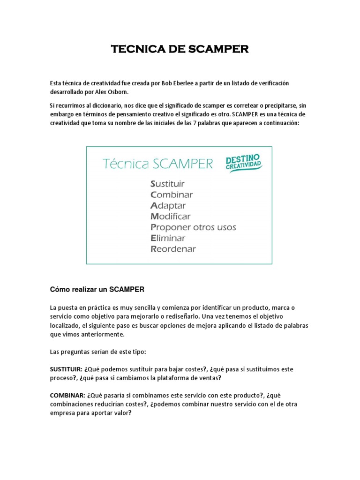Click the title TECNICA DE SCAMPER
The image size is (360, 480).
(x=180, y=50)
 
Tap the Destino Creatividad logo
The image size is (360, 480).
(x=244, y=163)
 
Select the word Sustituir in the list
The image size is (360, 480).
(x=167, y=184)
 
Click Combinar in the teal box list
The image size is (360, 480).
(x=172, y=195)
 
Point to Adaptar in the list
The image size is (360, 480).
(x=168, y=206)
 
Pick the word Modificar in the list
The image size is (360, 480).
(x=171, y=217)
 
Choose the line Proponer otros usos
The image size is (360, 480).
(x=193, y=227)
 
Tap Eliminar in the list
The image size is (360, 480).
(x=168, y=238)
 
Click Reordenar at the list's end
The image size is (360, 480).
(x=173, y=249)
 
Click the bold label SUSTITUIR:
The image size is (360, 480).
(x=66, y=369)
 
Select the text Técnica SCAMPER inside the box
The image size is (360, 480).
(x=157, y=164)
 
